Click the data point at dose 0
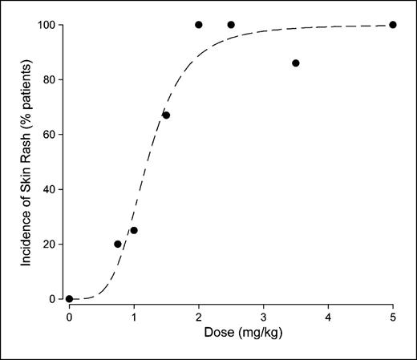pos(69,299)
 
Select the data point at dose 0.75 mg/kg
pos(118,244)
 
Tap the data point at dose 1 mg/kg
pos(134,230)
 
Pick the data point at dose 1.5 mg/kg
pos(166,115)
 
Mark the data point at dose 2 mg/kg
pos(199,25)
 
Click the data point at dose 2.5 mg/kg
pos(231,25)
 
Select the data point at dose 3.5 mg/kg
pos(296,63)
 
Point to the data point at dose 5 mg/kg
pos(393,25)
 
